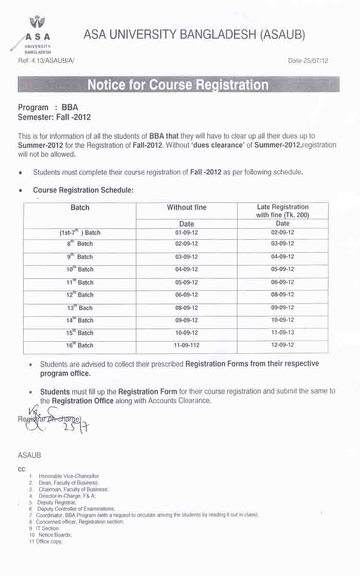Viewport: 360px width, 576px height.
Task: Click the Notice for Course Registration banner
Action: tap(178, 85)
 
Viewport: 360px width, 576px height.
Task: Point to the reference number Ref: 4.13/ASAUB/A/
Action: tap(46, 60)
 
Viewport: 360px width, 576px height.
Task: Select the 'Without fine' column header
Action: tap(187, 207)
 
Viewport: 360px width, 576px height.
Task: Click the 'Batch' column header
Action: tap(80, 207)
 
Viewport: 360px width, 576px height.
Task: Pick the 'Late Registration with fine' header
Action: tap(283, 211)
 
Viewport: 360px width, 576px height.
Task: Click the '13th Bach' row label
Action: tap(80, 308)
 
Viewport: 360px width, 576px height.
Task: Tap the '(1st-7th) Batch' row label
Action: tap(80, 233)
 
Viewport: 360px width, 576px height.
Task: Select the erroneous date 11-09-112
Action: tap(187, 345)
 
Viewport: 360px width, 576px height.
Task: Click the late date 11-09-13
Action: tap(283, 332)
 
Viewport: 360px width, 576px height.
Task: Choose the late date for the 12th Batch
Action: tap(283, 295)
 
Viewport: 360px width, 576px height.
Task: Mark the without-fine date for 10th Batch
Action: tap(187, 269)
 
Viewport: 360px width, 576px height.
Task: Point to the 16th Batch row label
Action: tap(80, 345)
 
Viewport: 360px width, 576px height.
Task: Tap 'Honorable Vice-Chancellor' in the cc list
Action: tap(69, 476)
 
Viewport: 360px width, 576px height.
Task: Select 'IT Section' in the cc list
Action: tap(47, 528)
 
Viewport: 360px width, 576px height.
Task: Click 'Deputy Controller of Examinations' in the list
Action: tap(76, 508)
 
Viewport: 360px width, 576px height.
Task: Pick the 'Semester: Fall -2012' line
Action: tap(54, 117)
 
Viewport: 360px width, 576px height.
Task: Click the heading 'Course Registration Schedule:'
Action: tap(83, 190)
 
